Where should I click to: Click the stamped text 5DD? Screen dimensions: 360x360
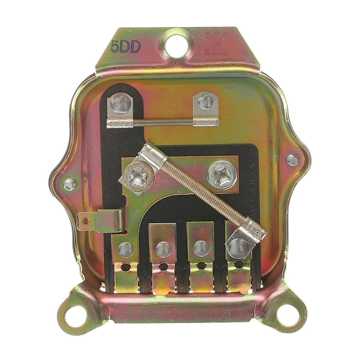click(126, 47)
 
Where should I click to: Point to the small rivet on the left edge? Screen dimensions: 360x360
click(69, 184)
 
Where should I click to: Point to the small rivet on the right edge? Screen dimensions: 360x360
click(292, 160)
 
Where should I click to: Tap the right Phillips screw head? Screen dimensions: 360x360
click(222, 174)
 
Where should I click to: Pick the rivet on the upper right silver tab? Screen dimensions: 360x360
click(205, 101)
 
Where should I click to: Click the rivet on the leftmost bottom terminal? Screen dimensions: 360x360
click(125, 249)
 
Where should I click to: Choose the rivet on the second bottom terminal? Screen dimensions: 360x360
click(163, 249)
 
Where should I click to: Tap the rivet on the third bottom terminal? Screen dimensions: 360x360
click(202, 248)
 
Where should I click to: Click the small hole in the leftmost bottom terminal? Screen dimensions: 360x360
click(125, 268)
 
